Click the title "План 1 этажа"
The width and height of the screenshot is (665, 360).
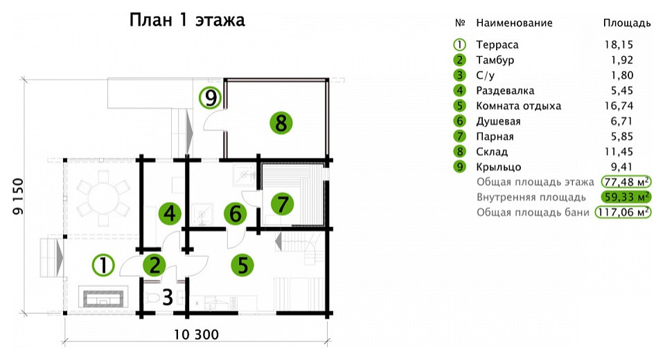[187, 20]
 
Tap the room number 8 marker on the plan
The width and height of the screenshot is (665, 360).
[281, 123]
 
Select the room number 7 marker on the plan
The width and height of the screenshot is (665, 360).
[283, 204]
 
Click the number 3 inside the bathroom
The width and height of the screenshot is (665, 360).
[168, 297]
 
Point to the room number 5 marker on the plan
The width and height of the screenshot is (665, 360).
[242, 265]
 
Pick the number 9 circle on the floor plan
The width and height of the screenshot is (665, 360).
[211, 98]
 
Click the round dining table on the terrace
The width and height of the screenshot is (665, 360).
[103, 198]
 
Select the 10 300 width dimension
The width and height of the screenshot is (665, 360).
[196, 334]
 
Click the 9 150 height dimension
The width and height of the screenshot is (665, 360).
[17, 196]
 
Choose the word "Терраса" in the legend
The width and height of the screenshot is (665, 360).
[497, 44]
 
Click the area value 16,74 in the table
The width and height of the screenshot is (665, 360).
[619, 106]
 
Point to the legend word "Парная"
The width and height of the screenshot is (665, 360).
[495, 136]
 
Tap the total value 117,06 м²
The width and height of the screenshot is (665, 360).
[623, 212]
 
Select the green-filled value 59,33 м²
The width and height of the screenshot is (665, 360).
[626, 197]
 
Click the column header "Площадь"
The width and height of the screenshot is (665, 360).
[627, 23]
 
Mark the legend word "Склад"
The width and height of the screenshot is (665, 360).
[492, 152]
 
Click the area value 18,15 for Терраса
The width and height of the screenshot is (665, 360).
[619, 44]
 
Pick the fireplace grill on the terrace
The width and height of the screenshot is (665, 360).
[103, 298]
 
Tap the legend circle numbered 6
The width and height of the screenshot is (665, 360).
[459, 121]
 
